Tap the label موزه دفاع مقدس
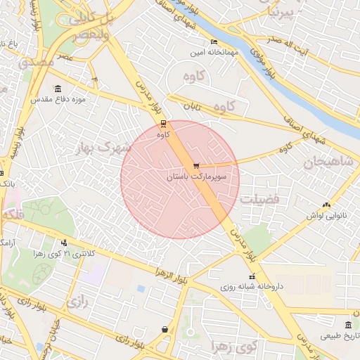[58, 100]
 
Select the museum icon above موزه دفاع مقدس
[57, 89]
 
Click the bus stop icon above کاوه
[164, 123]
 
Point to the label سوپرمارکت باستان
[196, 178]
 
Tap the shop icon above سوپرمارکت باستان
[195, 167]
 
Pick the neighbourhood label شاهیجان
[328, 163]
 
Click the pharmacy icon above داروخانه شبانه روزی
[252, 276]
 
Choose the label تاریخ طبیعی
[339, 336]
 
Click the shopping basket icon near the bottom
[165, 328]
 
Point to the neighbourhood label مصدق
[39, 62]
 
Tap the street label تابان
[193, 106]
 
